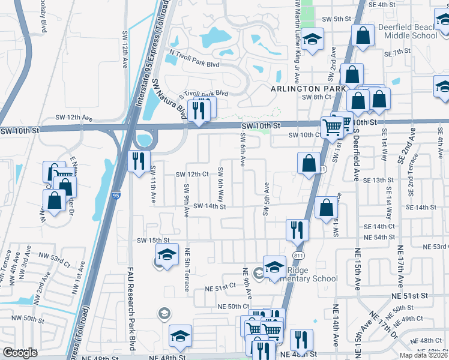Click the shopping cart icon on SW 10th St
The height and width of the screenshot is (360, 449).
click(x=331, y=127)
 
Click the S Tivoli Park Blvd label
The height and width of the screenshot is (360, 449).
click(x=205, y=94)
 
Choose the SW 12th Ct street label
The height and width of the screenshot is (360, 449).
click(x=191, y=174)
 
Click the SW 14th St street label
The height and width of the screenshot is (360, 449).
click(x=209, y=206)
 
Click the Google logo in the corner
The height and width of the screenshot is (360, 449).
click(x=20, y=352)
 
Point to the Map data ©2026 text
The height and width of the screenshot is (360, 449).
click(x=423, y=355)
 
